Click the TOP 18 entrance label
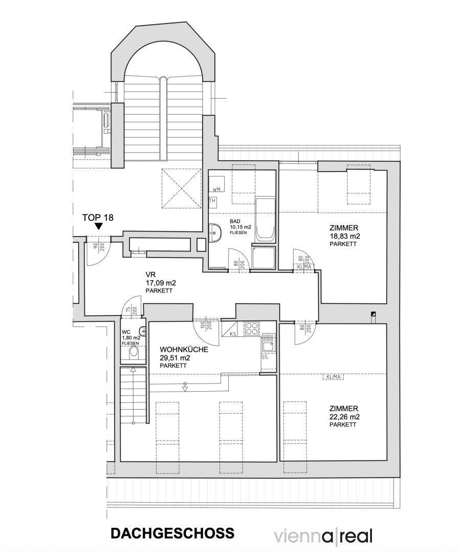[98, 218]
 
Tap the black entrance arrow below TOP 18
[99, 226]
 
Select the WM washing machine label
[216, 189]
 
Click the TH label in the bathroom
[212, 201]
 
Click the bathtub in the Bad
[265, 219]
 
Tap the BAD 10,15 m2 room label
[239, 227]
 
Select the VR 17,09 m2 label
[160, 283]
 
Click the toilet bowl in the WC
[134, 353]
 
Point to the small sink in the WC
[142, 331]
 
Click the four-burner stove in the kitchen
[252, 329]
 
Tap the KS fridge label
[233, 334]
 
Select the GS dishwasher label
[265, 357]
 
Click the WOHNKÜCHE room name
[184, 350]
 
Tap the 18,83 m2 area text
[344, 236]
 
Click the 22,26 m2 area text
[344, 417]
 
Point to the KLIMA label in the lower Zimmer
[334, 377]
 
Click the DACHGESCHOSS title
[172, 533]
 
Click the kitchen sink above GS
[269, 343]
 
